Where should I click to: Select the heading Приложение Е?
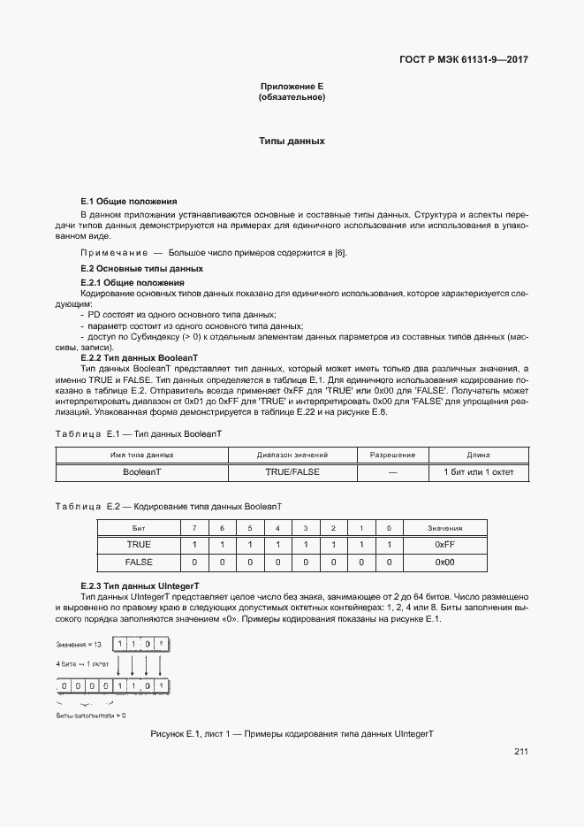point(292,86)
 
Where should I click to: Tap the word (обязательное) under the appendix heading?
point(292,96)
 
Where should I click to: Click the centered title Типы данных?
point(292,141)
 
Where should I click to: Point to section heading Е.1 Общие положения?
point(129,202)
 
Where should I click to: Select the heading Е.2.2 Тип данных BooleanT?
point(140,357)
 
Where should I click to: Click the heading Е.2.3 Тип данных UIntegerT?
point(140,586)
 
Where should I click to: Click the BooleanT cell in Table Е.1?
point(141,472)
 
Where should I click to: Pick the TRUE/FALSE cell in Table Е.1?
point(292,472)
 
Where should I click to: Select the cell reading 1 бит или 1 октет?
point(478,472)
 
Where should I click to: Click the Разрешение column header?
point(392,455)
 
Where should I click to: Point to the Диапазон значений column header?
point(292,455)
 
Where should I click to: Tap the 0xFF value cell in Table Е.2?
point(444,545)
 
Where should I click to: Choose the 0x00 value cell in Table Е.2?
point(444,563)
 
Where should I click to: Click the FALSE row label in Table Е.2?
point(139,563)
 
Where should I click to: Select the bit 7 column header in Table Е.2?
point(194,528)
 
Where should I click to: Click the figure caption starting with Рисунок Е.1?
point(292,735)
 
